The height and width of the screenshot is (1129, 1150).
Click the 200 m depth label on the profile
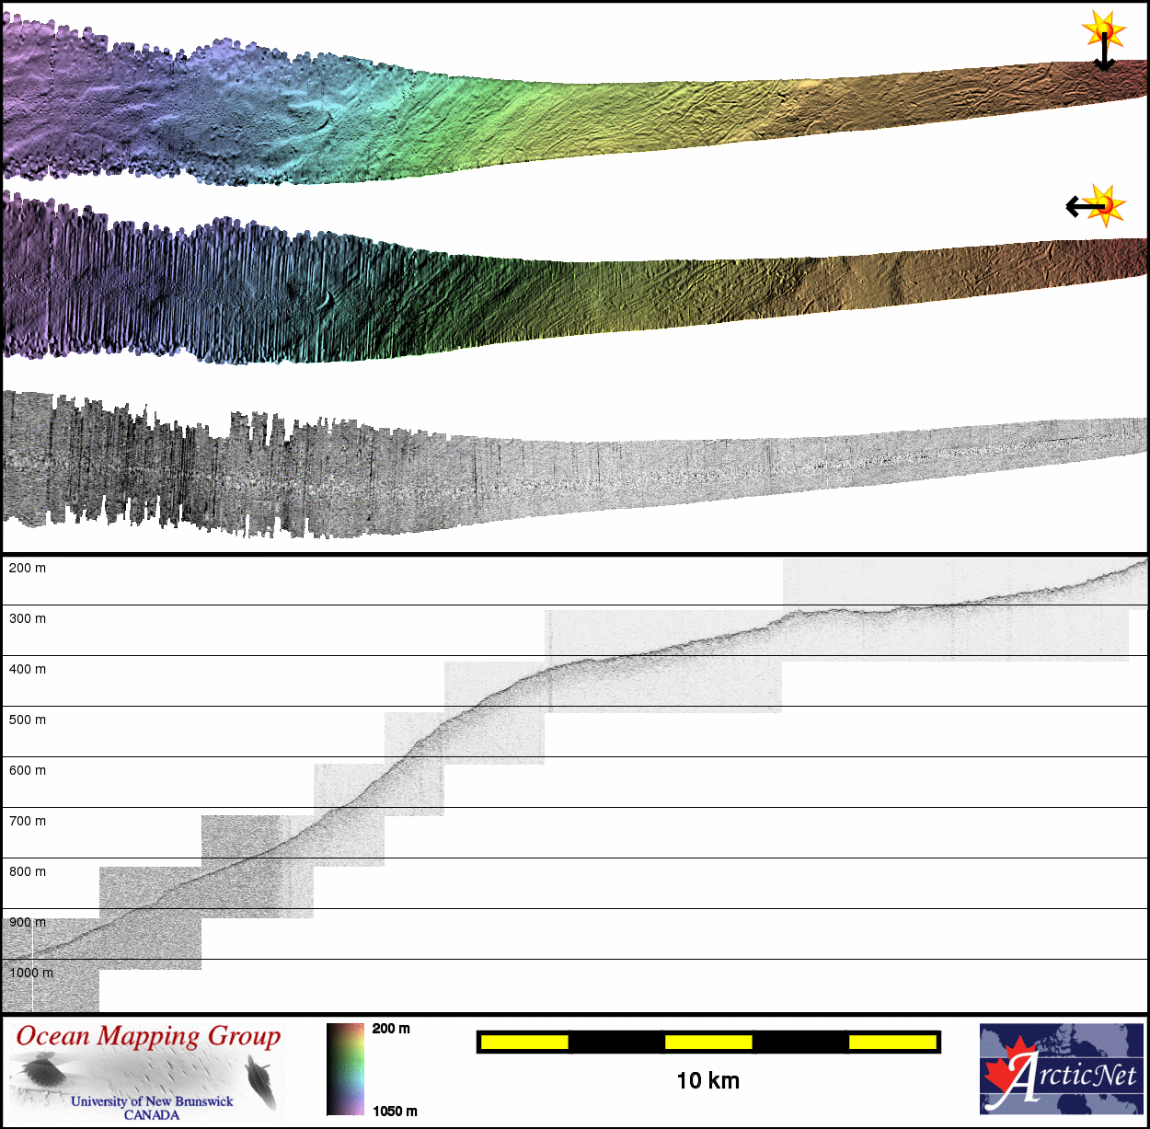[27, 569]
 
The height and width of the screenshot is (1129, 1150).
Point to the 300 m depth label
[27, 619]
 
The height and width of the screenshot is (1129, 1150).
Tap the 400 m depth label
[27, 670]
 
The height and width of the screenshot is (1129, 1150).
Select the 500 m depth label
[27, 720]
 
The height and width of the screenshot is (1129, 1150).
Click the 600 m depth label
[27, 771]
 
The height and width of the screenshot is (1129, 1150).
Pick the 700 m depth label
[27, 822]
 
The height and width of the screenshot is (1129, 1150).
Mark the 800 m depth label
[27, 872]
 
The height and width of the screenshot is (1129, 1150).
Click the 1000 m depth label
[31, 973]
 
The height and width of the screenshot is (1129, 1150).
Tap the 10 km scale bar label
[707, 1081]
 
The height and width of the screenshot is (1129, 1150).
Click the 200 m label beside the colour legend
[391, 1029]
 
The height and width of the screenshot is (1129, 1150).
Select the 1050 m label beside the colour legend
[395, 1112]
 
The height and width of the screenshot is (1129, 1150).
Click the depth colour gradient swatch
[345, 1069]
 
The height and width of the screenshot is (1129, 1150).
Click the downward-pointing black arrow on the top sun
[1104, 55]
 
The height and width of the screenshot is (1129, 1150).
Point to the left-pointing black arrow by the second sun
[1081, 206]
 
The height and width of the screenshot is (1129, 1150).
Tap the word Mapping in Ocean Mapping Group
[148, 1037]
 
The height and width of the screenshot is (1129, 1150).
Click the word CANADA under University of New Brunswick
[152, 1115]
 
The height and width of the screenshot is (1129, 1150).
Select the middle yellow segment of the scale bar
[708, 1043]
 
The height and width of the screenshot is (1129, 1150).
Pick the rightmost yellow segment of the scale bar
[891, 1043]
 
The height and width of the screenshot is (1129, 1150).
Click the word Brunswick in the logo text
[204, 1101]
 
